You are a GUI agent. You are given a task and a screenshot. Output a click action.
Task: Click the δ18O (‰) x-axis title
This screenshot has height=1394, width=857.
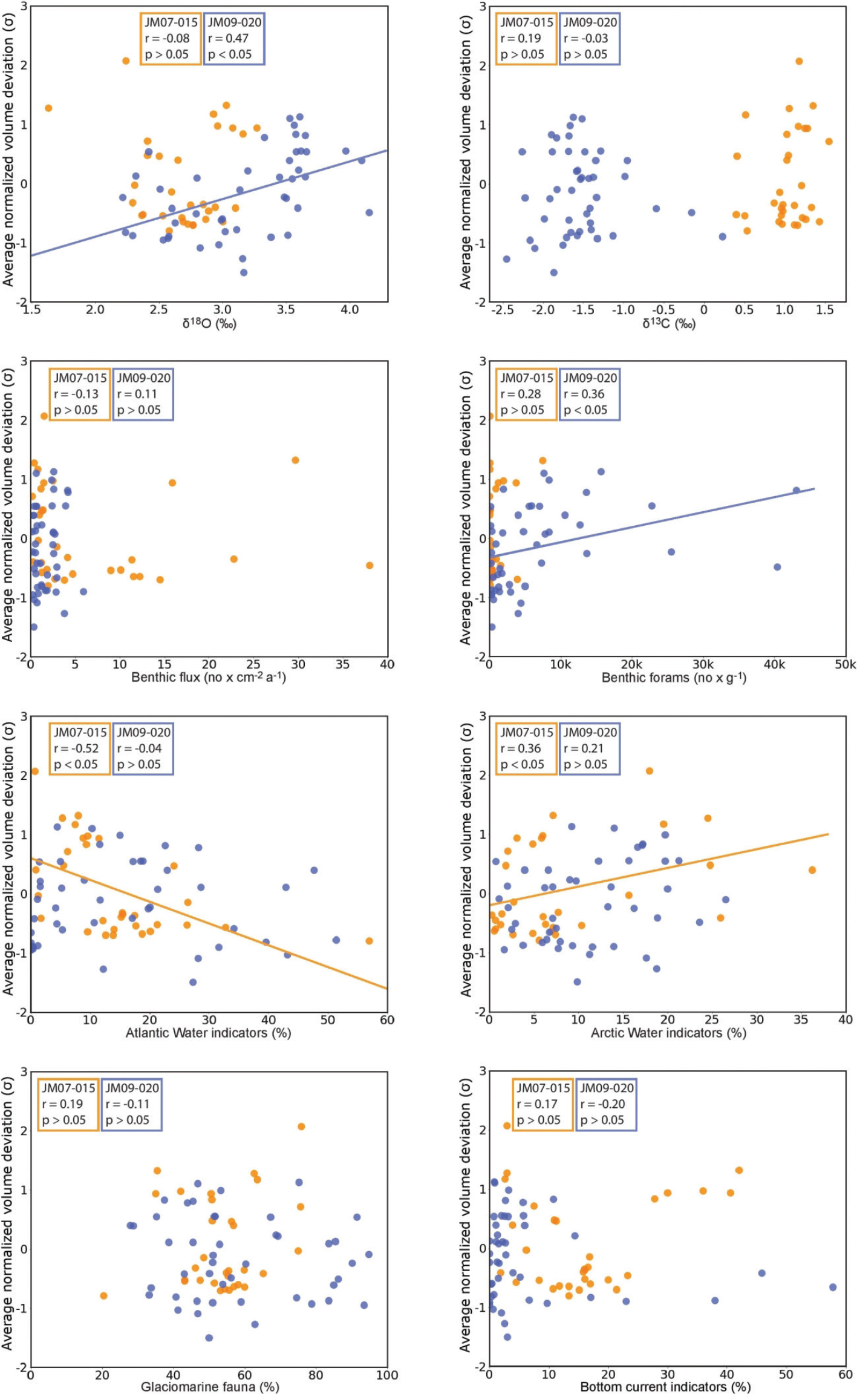pos(209,324)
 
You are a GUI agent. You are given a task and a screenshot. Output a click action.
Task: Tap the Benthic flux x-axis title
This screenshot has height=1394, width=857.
pos(209,678)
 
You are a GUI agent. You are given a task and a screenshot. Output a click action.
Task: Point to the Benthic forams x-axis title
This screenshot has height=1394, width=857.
pos(674,678)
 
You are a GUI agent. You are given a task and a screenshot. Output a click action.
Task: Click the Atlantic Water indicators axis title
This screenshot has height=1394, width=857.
pos(208,1033)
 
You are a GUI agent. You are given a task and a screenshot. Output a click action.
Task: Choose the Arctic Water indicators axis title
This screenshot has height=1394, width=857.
pos(668,1033)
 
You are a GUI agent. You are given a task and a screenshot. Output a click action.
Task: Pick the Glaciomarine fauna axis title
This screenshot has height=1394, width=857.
pos(210,1387)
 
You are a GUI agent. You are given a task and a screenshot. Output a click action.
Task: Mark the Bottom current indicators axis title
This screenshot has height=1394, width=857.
pos(665,1387)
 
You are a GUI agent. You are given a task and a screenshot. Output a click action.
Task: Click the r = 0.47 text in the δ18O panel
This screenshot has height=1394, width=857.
pos(229,38)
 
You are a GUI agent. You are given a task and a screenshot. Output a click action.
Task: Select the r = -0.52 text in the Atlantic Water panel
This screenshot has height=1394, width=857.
pos(76,748)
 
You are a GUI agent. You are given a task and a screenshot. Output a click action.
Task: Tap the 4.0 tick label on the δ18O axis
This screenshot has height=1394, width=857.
pos(350,310)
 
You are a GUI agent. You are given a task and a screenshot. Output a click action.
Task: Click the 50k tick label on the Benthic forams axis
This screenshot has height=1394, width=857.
pos(846,664)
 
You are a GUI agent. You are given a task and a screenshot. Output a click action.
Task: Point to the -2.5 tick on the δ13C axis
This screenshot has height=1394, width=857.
pos(503,310)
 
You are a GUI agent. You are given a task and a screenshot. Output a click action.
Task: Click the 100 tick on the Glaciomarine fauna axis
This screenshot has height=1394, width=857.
pos(387,1375)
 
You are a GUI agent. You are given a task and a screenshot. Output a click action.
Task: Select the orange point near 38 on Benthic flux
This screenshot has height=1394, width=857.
pos(370,565)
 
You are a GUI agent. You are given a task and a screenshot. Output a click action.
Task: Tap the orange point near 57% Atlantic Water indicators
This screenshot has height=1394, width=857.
pos(369,941)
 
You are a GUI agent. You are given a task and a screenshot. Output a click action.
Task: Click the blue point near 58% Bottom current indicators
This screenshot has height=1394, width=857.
pos(833,1287)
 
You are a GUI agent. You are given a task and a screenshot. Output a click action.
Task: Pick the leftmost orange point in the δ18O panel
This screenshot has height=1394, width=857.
pos(48,108)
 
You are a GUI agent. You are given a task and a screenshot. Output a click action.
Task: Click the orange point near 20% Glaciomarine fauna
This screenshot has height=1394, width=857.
pos(103,1295)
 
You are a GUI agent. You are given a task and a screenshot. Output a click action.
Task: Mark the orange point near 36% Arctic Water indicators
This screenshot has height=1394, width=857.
pos(812,870)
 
